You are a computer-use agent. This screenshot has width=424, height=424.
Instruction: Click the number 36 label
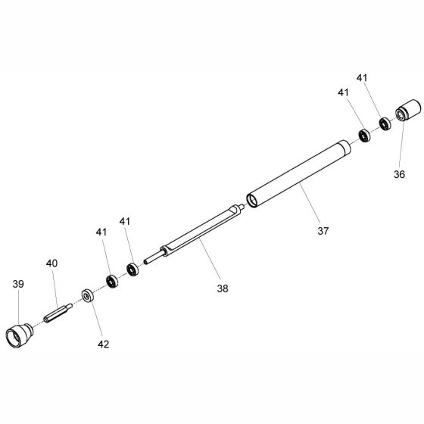pos(399,174)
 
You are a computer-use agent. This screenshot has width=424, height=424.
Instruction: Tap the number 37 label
pos(323,231)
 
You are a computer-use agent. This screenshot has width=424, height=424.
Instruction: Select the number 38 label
pos(223,288)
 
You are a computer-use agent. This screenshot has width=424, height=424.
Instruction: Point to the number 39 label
pos(18,284)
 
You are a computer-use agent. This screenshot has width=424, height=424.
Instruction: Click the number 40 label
pos(51,263)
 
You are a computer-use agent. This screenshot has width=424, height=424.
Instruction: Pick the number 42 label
pos(103,344)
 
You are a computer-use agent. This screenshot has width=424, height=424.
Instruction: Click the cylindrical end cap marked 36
pos(408,111)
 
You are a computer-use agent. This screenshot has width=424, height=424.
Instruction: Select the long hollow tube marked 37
pos(298,174)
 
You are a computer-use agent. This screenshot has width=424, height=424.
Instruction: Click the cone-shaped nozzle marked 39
pos(20,335)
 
